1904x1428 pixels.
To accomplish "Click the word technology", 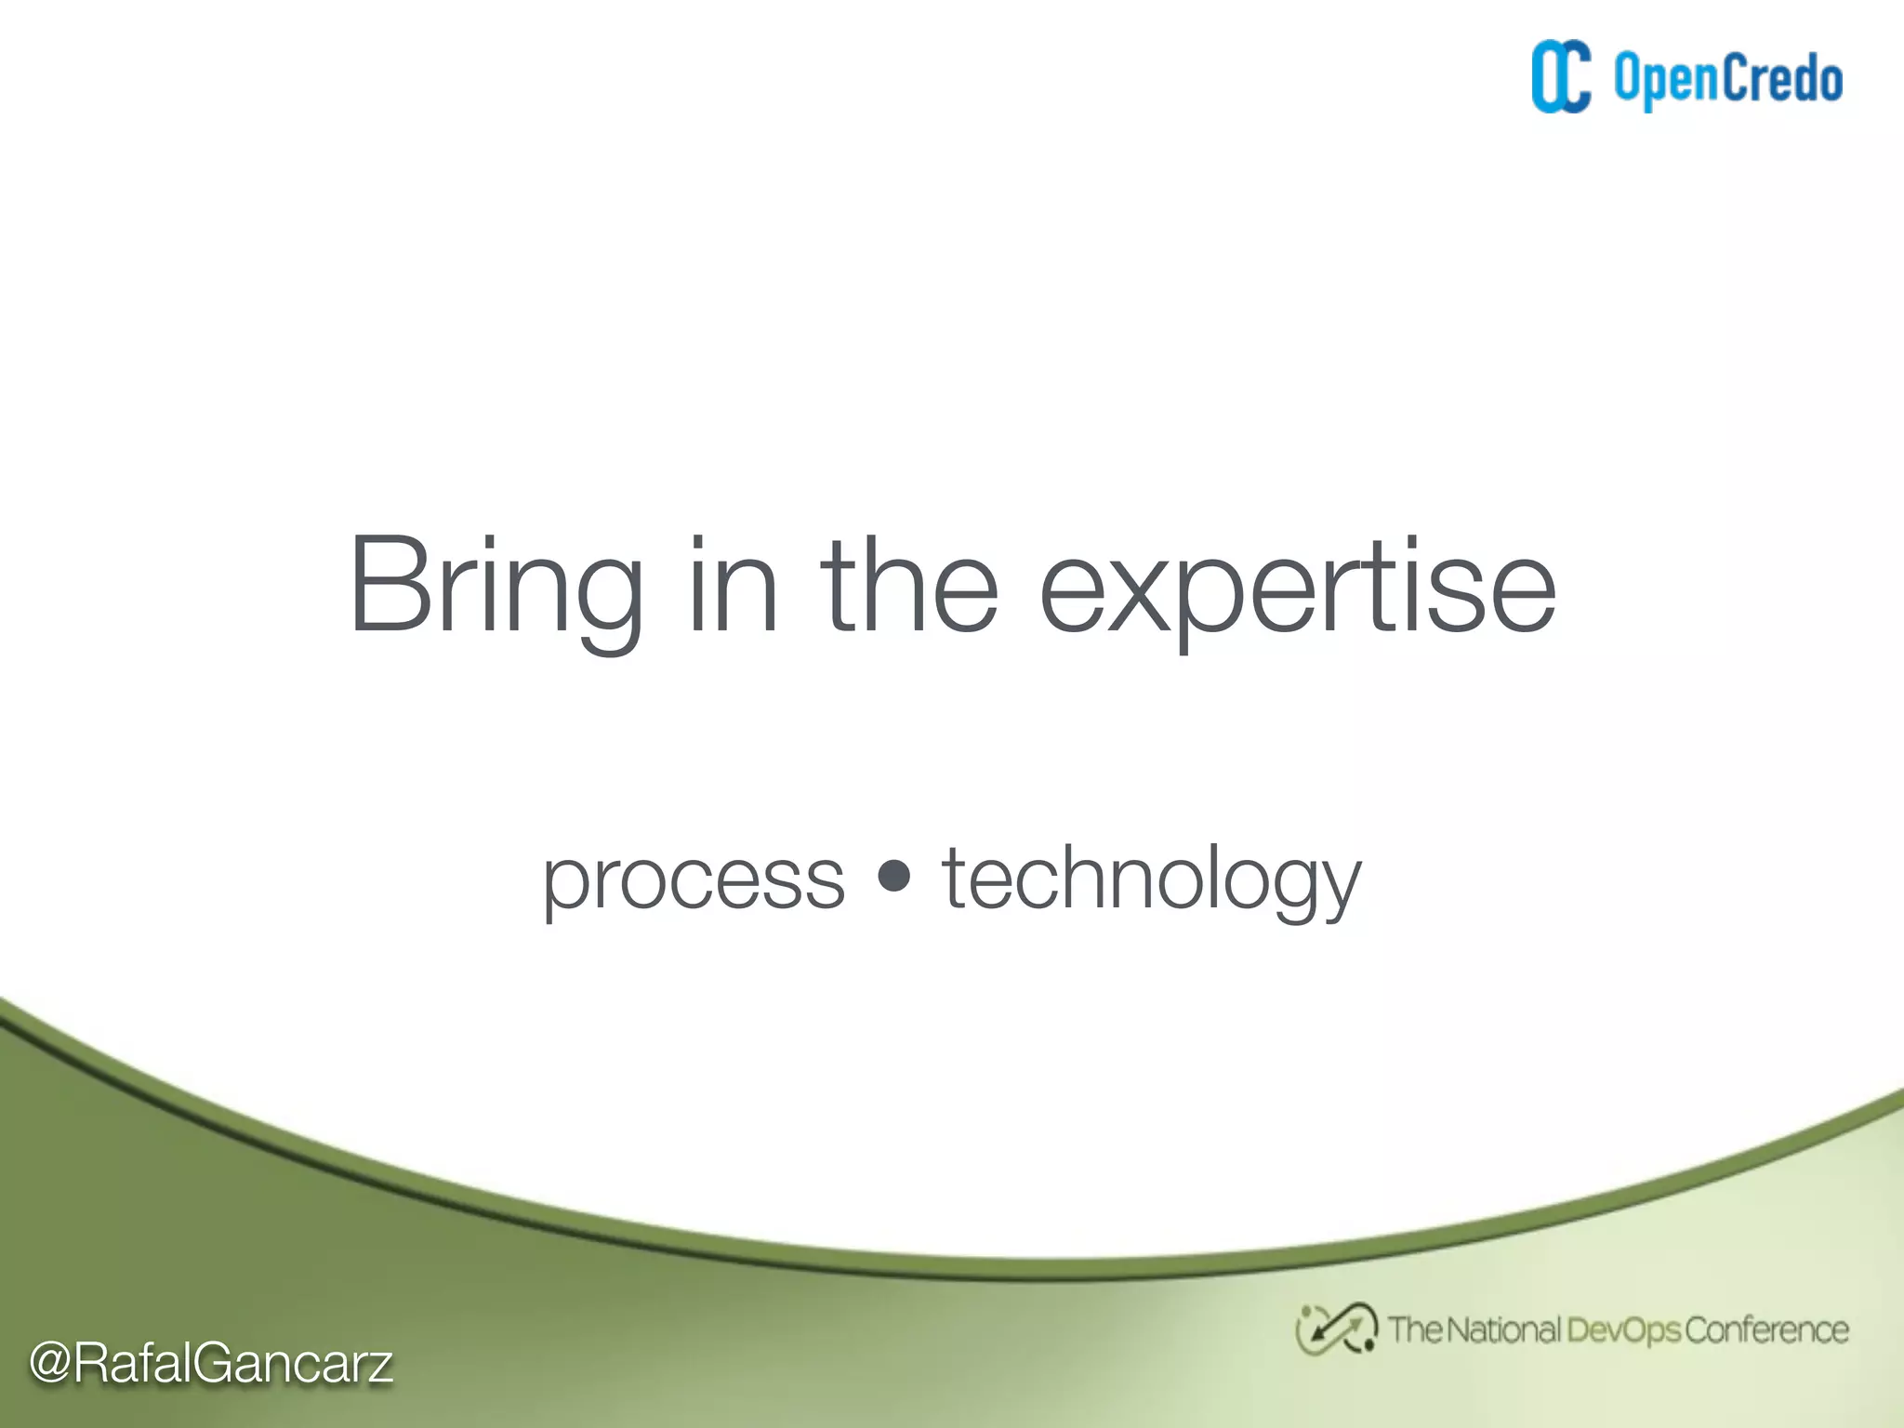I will point(1151,879).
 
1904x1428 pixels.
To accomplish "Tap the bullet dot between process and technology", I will point(893,875).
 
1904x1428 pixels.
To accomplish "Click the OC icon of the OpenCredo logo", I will point(1561,77).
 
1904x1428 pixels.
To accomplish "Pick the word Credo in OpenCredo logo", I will point(1783,78).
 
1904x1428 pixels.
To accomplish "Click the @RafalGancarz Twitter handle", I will point(211,1364).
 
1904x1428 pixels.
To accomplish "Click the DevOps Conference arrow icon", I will point(1335,1329).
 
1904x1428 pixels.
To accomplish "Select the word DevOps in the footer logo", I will point(1623,1330).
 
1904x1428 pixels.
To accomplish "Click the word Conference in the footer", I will point(1766,1330).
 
